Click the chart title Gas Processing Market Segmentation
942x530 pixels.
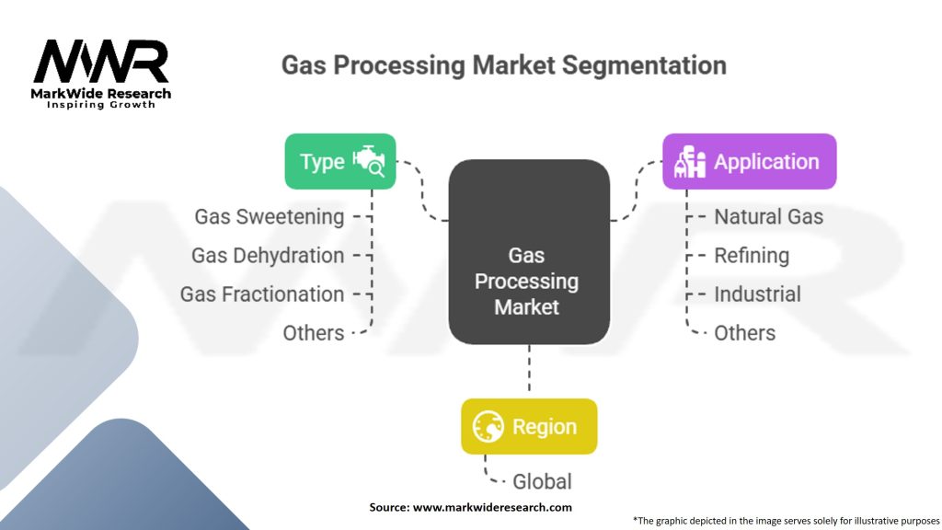[503, 65]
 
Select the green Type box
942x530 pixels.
[339, 162]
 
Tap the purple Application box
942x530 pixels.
[750, 162]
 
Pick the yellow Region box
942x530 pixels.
[529, 427]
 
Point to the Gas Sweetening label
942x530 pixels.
[269, 217]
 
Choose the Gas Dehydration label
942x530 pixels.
[268, 256]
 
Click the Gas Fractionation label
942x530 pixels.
[262, 294]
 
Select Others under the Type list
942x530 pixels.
[314, 333]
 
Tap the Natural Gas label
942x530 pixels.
[768, 217]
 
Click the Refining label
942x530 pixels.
[752, 256]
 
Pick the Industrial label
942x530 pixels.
[757, 294]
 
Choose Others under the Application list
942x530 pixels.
[744, 333]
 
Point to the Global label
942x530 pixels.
[542, 481]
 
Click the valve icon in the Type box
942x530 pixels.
[369, 161]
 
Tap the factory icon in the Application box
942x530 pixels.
[690, 162]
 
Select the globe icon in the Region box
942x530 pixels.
[488, 427]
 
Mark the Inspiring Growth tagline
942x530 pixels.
[101, 105]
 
